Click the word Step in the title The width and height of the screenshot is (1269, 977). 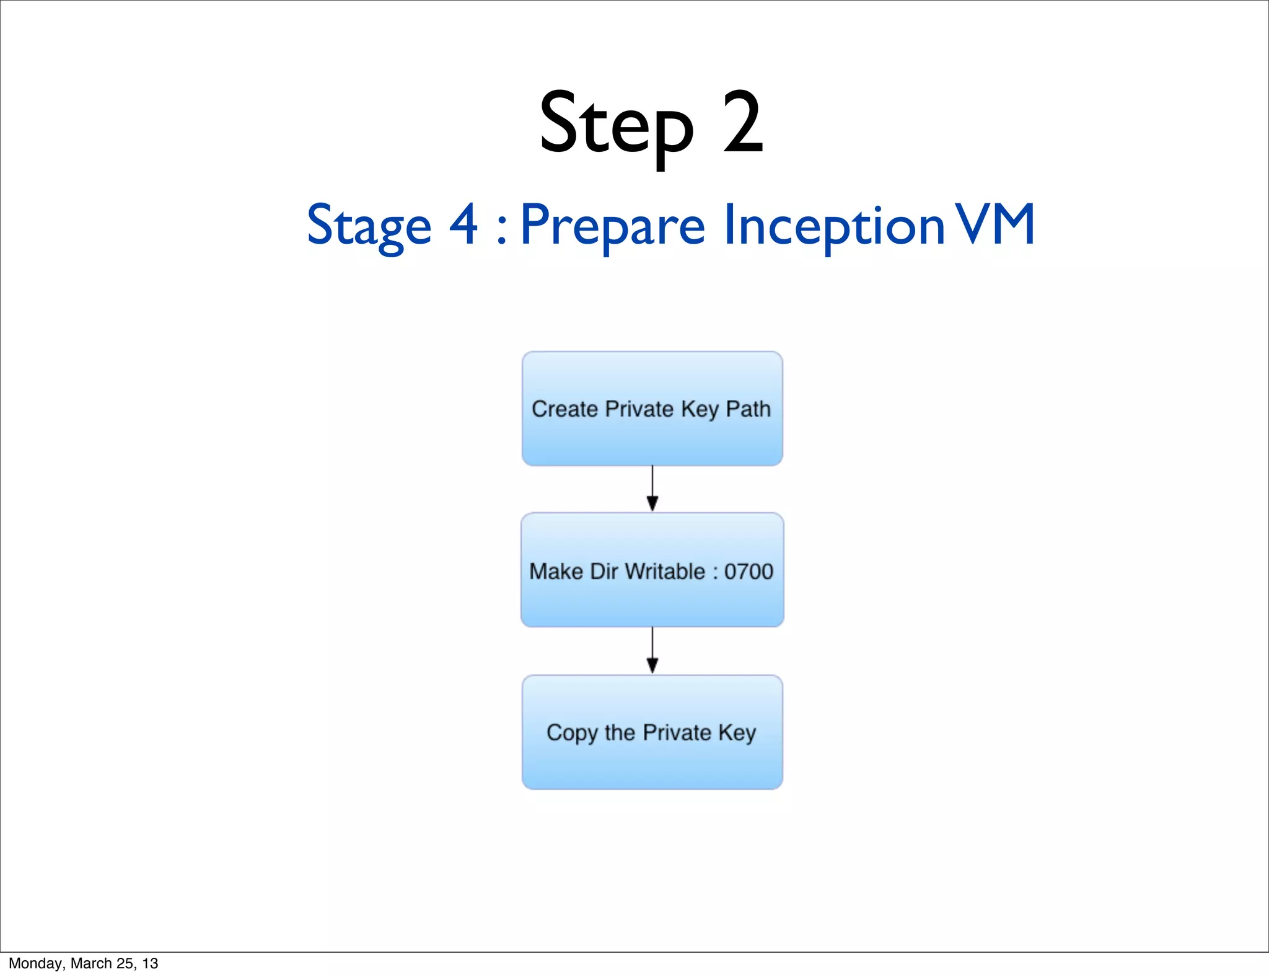tap(616, 124)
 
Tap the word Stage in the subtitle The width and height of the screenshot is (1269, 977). tap(369, 226)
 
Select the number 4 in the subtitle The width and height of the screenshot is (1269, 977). tap(463, 224)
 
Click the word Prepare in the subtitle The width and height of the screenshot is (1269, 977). tap(612, 226)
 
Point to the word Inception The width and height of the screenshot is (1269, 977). tap(833, 226)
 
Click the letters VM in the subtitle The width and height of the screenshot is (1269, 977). tap(995, 224)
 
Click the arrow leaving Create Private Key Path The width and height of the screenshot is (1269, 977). tap(652, 489)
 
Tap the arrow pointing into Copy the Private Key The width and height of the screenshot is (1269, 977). tap(652, 651)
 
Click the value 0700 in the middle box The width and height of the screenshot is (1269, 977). tap(749, 572)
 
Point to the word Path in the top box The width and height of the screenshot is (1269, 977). tap(748, 409)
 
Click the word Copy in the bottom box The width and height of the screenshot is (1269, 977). tap(572, 733)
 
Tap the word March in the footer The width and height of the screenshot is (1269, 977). tap(91, 963)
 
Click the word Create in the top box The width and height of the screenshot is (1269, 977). tap(564, 409)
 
